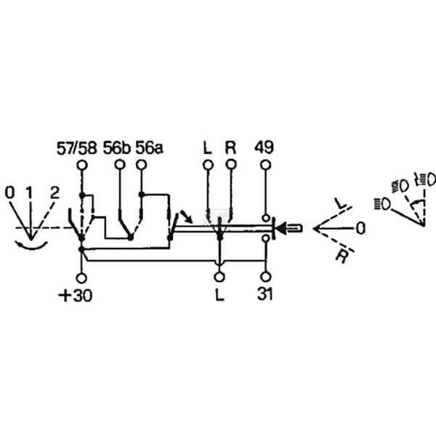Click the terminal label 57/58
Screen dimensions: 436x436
tap(77, 148)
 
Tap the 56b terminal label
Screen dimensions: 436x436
tap(116, 148)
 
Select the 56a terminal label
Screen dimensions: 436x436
tap(149, 148)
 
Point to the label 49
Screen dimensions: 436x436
tap(265, 147)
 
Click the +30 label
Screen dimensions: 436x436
tap(76, 296)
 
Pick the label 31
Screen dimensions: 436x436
tap(265, 294)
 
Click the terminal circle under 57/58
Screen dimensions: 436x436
tap(81, 165)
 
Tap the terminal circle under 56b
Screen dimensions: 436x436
tap(120, 165)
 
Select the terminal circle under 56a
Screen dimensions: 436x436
tap(141, 165)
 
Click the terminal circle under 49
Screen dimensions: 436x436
tap(265, 165)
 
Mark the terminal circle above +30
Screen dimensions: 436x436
tap(81, 278)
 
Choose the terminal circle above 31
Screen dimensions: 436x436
tap(266, 277)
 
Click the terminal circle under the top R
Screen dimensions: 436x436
tap(231, 165)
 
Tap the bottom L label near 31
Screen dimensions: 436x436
tap(219, 294)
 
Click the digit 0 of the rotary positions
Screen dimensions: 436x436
tap(9, 193)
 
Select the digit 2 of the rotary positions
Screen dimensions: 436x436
tap(54, 193)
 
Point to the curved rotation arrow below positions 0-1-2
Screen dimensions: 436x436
tap(31, 246)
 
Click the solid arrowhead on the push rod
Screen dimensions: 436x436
tap(281, 229)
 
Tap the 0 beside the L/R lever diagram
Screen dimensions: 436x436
tap(360, 229)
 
